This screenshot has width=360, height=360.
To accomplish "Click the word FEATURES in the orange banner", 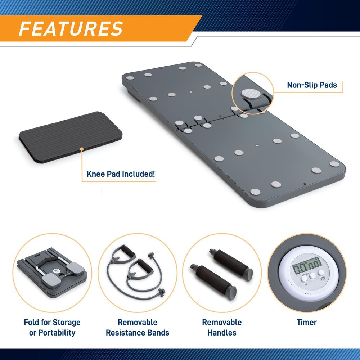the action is [x=71, y=29].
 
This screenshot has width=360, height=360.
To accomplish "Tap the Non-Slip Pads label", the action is [x=312, y=85].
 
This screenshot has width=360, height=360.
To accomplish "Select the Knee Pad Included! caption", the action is [x=121, y=174].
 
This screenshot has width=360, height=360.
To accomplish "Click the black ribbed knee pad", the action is [x=71, y=137].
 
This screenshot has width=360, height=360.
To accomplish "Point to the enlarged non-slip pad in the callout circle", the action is [x=251, y=93].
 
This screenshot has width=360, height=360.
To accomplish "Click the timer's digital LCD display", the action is [x=307, y=265].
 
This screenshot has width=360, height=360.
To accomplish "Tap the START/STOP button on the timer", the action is [x=321, y=273].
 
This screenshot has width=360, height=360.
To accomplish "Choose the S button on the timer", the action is [x=312, y=276].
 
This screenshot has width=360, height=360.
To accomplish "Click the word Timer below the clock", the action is [x=307, y=322].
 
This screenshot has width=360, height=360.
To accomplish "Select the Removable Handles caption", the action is [x=222, y=327].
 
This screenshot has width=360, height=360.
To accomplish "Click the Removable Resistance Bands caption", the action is [x=138, y=327].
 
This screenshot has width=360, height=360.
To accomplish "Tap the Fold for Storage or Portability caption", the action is [x=52, y=327].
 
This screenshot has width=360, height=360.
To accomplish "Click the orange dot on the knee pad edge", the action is [x=82, y=149].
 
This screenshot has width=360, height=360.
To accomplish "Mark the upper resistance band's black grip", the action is [x=128, y=251].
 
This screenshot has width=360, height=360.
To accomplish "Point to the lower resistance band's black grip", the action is [x=144, y=266].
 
